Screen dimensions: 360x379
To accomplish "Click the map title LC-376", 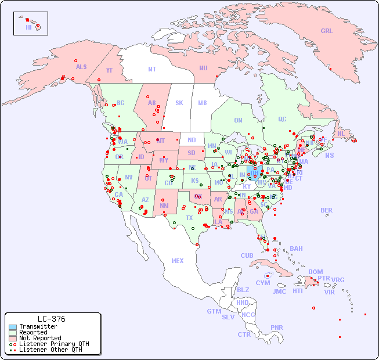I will [x=51, y=319].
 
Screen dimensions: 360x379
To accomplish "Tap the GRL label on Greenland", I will [x=327, y=31].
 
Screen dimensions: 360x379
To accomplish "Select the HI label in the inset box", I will [x=28, y=27].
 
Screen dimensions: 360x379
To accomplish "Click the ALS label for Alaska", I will [x=81, y=67].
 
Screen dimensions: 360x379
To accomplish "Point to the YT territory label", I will [x=109, y=70].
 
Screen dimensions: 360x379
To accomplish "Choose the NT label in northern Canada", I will [x=151, y=69].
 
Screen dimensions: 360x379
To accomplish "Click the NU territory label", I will [x=203, y=68].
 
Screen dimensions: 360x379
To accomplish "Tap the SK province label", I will [x=179, y=103].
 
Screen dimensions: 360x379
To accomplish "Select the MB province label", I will [x=202, y=103].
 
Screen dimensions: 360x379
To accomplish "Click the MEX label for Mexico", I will [x=177, y=261].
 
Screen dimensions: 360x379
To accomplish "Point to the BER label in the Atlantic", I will [x=326, y=210].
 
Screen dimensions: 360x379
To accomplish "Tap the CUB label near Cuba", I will [x=247, y=255].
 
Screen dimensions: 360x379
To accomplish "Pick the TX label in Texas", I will [x=189, y=218].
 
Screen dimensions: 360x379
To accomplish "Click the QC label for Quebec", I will [x=282, y=119].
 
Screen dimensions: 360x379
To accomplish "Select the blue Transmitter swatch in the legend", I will [x=13, y=327].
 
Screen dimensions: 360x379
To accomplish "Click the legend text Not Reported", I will [x=40, y=338].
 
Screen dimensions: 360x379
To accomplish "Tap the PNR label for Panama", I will [x=277, y=327].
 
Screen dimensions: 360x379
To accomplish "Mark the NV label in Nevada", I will [x=129, y=177].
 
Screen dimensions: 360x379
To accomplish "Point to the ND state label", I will [x=192, y=140].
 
